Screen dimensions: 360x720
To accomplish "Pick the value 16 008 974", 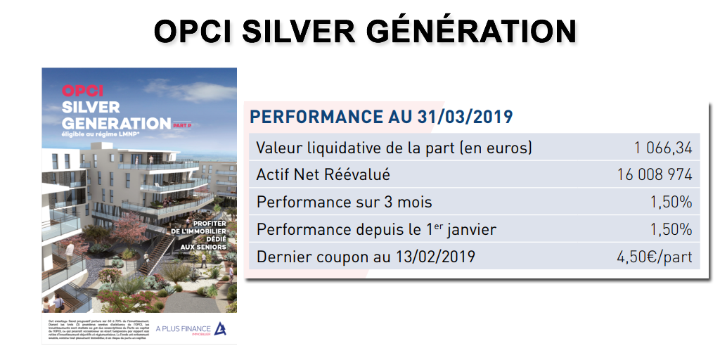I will click(x=653, y=175).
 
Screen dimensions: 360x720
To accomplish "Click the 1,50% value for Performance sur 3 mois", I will click(x=671, y=202).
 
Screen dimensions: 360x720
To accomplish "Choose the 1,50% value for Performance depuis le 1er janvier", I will click(x=671, y=230).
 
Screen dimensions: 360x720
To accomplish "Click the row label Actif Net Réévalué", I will click(x=323, y=175).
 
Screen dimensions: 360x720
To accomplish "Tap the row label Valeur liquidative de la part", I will click(x=394, y=148).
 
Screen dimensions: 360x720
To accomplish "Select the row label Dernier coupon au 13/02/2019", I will click(x=366, y=257).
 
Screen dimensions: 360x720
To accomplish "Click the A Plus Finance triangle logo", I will click(x=219, y=328).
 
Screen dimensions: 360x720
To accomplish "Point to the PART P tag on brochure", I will click(x=181, y=124).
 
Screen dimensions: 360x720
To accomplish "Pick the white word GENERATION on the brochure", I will click(x=115, y=122).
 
